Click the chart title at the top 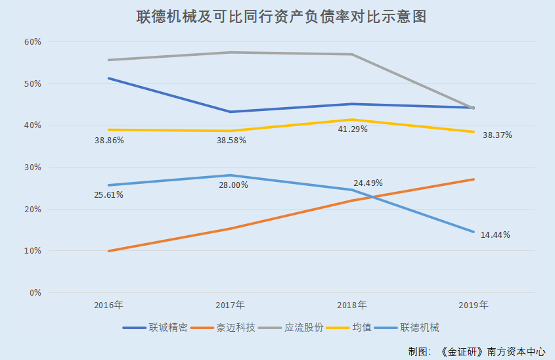281,17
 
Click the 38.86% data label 109,141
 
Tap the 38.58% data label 231,141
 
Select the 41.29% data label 352,129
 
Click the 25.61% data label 109,194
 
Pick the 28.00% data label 233,185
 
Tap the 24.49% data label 368,183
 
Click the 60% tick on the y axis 32,41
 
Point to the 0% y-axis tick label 35,292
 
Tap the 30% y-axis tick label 32,167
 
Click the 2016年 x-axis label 108,305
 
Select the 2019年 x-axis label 473,305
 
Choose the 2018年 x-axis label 351,305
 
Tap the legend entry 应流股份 303,327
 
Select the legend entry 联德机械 420,327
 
